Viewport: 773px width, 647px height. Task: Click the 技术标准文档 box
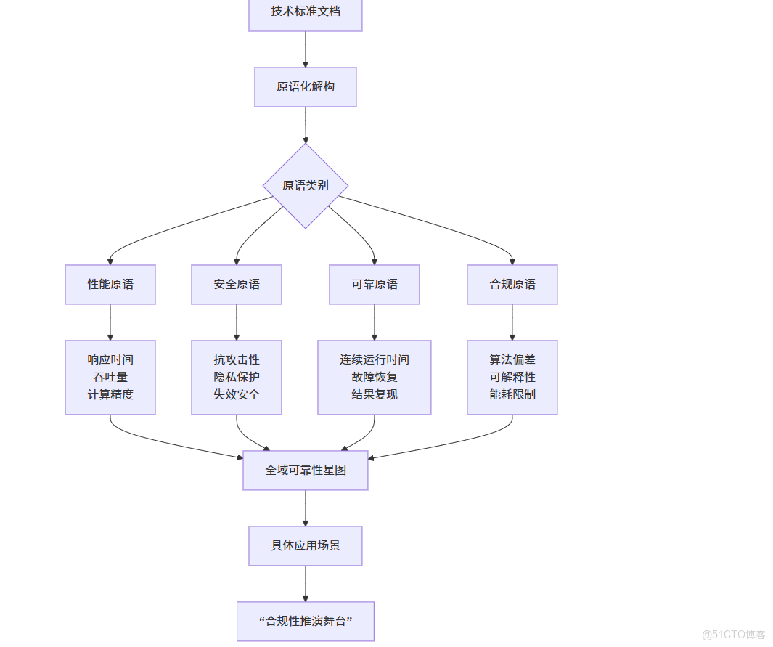click(305, 12)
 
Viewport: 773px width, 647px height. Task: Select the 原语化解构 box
click(305, 87)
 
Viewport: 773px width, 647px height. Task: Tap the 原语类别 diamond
click(306, 185)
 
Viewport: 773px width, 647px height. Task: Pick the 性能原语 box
click(110, 285)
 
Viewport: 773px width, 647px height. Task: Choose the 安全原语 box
click(237, 285)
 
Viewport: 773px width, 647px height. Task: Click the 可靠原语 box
click(375, 285)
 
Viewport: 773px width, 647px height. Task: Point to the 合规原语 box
click(512, 285)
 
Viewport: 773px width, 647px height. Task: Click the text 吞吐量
click(110, 378)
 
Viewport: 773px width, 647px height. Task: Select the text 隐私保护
click(237, 378)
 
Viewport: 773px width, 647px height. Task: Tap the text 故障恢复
click(375, 378)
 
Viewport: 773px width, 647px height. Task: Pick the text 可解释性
click(512, 378)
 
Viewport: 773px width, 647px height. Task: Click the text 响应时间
click(110, 359)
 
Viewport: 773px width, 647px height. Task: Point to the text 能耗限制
click(512, 395)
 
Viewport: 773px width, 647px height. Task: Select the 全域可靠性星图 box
click(306, 471)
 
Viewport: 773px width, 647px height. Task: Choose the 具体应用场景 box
click(306, 546)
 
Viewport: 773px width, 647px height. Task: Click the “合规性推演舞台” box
click(306, 622)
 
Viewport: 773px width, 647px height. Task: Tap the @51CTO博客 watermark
click(734, 635)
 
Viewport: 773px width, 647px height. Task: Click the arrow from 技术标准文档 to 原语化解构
click(306, 49)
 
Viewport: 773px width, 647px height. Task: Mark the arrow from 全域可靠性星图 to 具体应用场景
click(306, 508)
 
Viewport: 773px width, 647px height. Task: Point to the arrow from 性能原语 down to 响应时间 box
click(110, 322)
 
